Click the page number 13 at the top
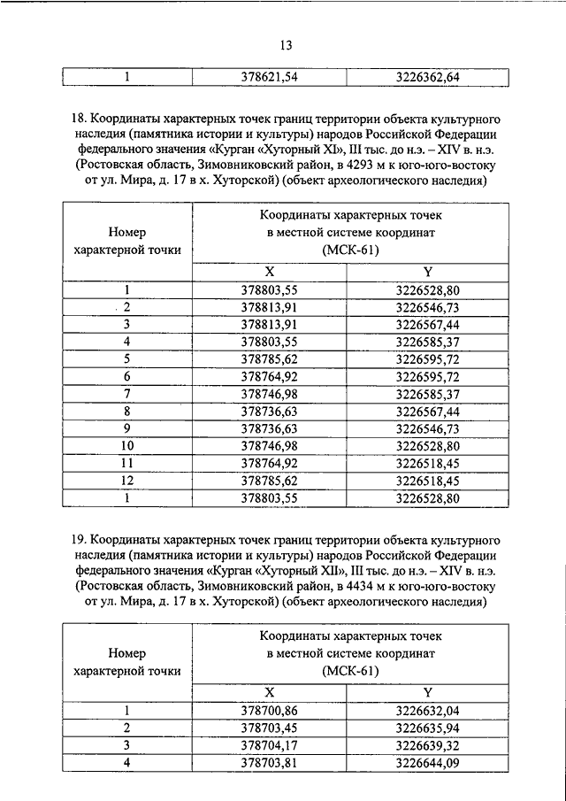(283, 45)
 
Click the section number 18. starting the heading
(78, 118)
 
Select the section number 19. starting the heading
(78, 538)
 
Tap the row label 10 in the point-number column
(127, 444)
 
